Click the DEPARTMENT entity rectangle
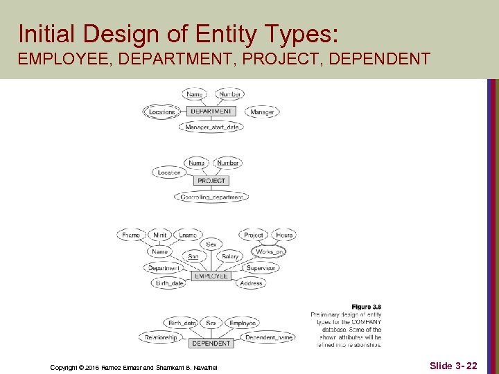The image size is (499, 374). (211, 111)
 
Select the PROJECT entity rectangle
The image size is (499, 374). (211, 181)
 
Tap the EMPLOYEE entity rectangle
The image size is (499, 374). (211, 276)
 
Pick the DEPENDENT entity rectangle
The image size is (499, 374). (211, 343)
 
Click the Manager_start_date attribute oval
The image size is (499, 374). (212, 127)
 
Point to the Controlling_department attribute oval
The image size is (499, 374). (212, 197)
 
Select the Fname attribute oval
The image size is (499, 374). (131, 235)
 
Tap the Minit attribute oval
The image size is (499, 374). (160, 235)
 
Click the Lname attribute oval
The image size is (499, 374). (188, 235)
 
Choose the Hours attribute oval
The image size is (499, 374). (284, 235)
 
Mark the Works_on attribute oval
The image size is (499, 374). (269, 251)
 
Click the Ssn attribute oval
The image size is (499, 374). (193, 256)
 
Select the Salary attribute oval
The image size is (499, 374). (230, 256)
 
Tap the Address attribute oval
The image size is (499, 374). (251, 283)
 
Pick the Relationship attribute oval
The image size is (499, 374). (161, 337)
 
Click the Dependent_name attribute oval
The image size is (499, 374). (269, 337)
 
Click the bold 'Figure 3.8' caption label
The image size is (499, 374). (366, 307)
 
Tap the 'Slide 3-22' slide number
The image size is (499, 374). (453, 365)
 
